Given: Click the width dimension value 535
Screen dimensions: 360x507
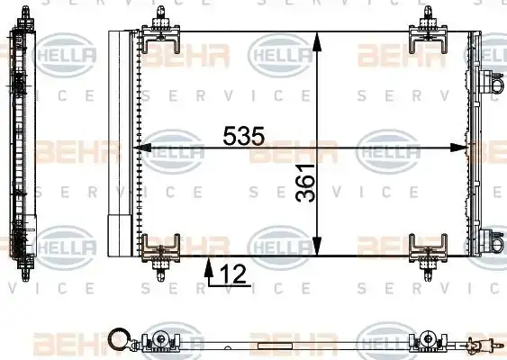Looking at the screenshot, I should (243, 136).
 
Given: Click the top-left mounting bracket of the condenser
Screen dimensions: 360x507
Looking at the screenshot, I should (160, 30).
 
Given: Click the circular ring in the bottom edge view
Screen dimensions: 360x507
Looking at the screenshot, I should (116, 340).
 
